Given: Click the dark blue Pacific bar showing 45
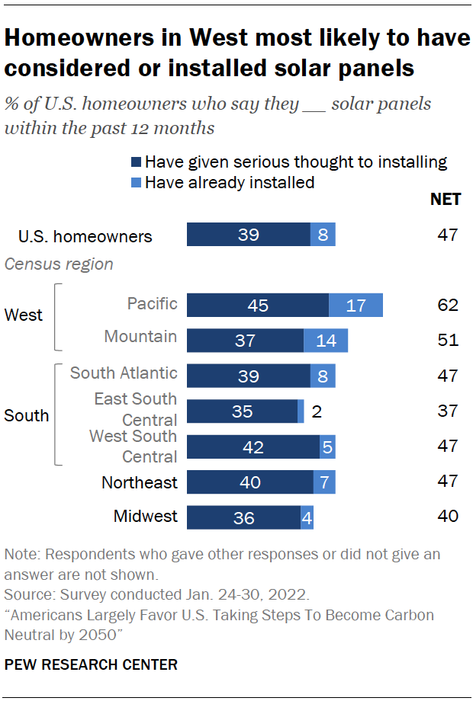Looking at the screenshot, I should (x=257, y=305).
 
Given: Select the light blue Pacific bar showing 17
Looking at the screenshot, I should (x=356, y=305).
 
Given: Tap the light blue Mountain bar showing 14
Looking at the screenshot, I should (x=326, y=340).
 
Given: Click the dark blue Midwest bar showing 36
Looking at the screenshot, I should (x=243, y=517).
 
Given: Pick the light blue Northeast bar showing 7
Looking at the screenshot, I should (x=324, y=482).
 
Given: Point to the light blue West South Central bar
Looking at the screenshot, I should (x=327, y=447).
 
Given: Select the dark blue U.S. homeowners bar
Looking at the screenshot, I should (x=248, y=235).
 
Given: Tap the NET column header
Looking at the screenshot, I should (x=446, y=200).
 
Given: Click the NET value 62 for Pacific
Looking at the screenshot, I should (x=448, y=305).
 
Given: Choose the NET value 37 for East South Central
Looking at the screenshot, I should (x=448, y=411).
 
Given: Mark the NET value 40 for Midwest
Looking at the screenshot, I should (x=448, y=517).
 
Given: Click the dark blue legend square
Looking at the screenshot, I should (x=137, y=162).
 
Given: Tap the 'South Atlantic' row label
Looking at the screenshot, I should (x=124, y=373).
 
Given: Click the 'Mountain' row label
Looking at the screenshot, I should (x=140, y=336).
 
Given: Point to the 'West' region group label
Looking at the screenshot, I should (x=23, y=315).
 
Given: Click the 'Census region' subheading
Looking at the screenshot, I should (x=59, y=264).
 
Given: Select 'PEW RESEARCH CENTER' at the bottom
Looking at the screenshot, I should (x=91, y=664).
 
